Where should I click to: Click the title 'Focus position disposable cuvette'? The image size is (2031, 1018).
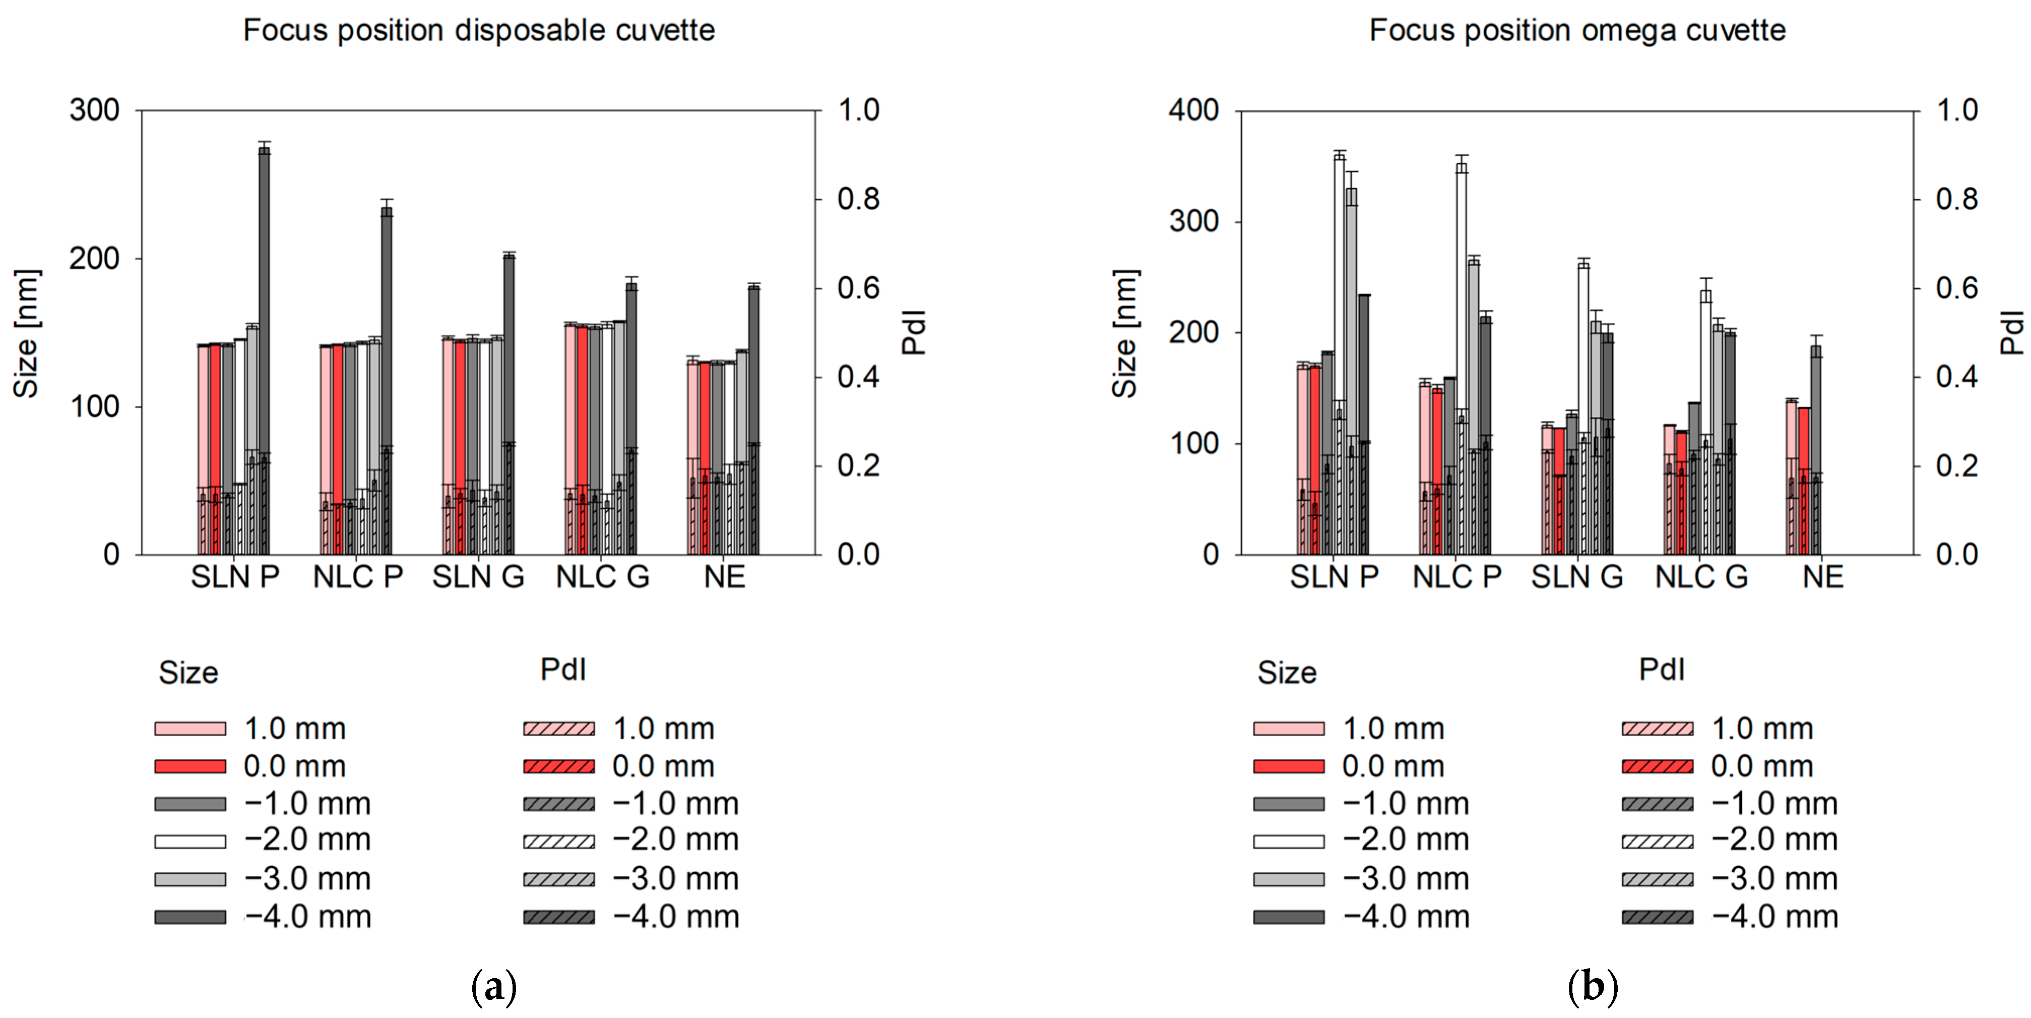pyautogui.click(x=479, y=30)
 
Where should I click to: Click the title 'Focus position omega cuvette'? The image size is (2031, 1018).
pyautogui.click(x=1577, y=30)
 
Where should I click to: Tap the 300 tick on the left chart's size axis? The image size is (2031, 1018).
pyautogui.click(x=95, y=110)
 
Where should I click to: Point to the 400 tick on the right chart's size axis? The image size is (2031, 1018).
pyautogui.click(x=1194, y=110)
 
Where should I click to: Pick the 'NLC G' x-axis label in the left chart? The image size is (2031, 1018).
pyautogui.click(x=602, y=577)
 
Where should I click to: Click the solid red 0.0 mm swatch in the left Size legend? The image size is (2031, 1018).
pyautogui.click(x=190, y=766)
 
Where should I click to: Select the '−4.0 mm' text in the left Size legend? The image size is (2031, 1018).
pyautogui.click(x=307, y=917)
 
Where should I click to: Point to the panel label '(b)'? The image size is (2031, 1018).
pyautogui.click(x=1593, y=986)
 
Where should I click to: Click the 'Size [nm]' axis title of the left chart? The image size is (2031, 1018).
pyautogui.click(x=27, y=333)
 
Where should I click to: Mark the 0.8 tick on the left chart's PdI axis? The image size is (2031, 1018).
pyautogui.click(x=858, y=200)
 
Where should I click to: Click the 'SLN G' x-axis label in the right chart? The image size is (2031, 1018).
pyautogui.click(x=1577, y=577)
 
